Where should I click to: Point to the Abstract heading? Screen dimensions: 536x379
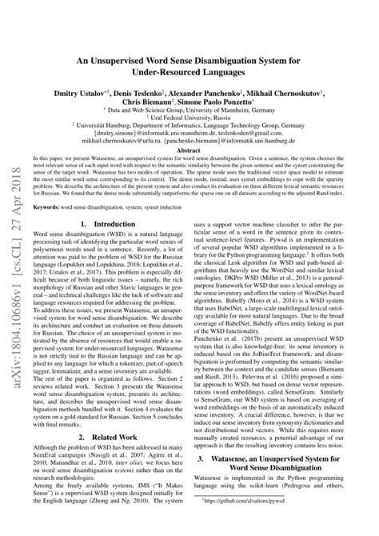click(189, 150)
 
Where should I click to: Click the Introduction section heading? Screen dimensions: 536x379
click(114, 225)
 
